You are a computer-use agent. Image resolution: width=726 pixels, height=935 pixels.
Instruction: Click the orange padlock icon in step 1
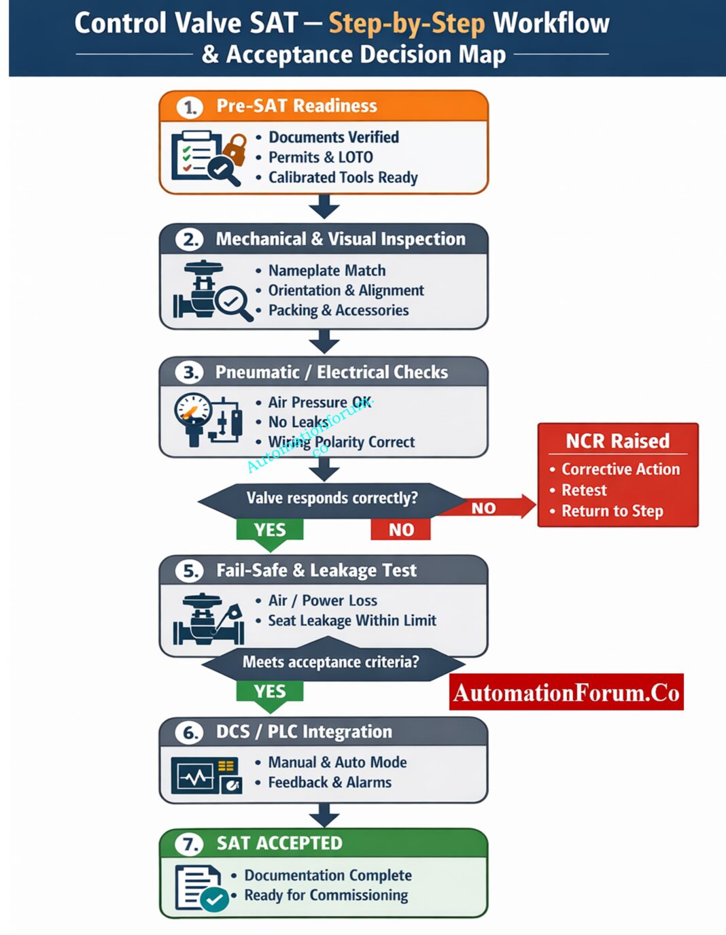tap(235, 148)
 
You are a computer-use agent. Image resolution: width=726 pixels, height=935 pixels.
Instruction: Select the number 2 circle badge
tap(190, 239)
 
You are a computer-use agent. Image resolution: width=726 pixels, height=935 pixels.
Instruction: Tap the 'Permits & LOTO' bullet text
tap(320, 157)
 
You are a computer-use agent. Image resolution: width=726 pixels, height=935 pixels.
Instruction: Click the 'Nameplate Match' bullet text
tap(326, 271)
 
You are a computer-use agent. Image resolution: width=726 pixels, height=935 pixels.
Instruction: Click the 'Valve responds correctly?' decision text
tap(332, 498)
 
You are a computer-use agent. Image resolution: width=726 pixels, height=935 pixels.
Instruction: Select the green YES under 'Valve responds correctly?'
tap(269, 530)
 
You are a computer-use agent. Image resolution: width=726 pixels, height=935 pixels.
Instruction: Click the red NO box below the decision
tap(401, 530)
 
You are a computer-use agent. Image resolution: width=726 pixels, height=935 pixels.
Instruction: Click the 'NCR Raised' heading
tap(617, 441)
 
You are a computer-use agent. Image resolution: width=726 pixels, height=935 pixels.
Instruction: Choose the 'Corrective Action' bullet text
tap(620, 469)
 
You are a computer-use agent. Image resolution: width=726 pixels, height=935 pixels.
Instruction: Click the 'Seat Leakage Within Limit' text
tap(351, 620)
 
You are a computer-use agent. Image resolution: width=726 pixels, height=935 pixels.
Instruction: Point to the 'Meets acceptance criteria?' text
tap(331, 662)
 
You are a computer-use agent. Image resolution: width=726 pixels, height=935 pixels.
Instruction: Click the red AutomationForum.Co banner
tap(566, 692)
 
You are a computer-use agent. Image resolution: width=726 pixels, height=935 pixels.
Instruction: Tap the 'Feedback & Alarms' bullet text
tap(330, 782)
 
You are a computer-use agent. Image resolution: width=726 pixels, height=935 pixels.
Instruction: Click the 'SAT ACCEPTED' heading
tap(279, 843)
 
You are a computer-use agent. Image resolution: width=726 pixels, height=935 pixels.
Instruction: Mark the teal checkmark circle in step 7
tap(215, 900)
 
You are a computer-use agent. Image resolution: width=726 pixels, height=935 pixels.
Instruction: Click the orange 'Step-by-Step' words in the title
tap(407, 23)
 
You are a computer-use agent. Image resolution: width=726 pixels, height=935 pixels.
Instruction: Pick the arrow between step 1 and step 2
tap(324, 207)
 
